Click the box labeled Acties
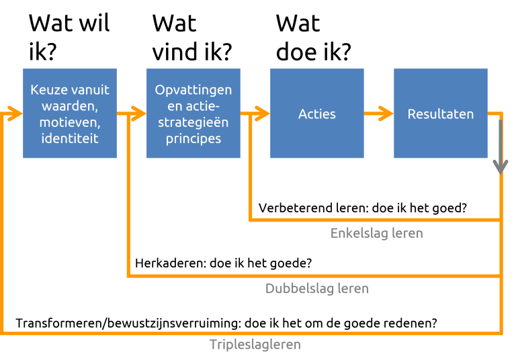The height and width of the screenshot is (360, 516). click(316, 114)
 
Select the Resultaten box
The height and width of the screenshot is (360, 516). click(440, 114)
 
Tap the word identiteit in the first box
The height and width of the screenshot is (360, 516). click(69, 138)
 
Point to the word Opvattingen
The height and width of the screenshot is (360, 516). click(193, 90)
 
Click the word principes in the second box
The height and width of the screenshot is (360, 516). click(193, 138)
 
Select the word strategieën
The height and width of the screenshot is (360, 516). click(193, 122)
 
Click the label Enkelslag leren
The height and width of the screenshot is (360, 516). click(376, 233)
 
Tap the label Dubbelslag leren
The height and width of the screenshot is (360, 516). click(316, 289)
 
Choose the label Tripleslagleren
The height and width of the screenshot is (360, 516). click(255, 345)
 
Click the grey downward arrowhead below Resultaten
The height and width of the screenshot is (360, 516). click(500, 166)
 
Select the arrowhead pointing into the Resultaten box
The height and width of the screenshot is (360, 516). click(386, 114)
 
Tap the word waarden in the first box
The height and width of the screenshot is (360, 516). click(69, 106)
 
